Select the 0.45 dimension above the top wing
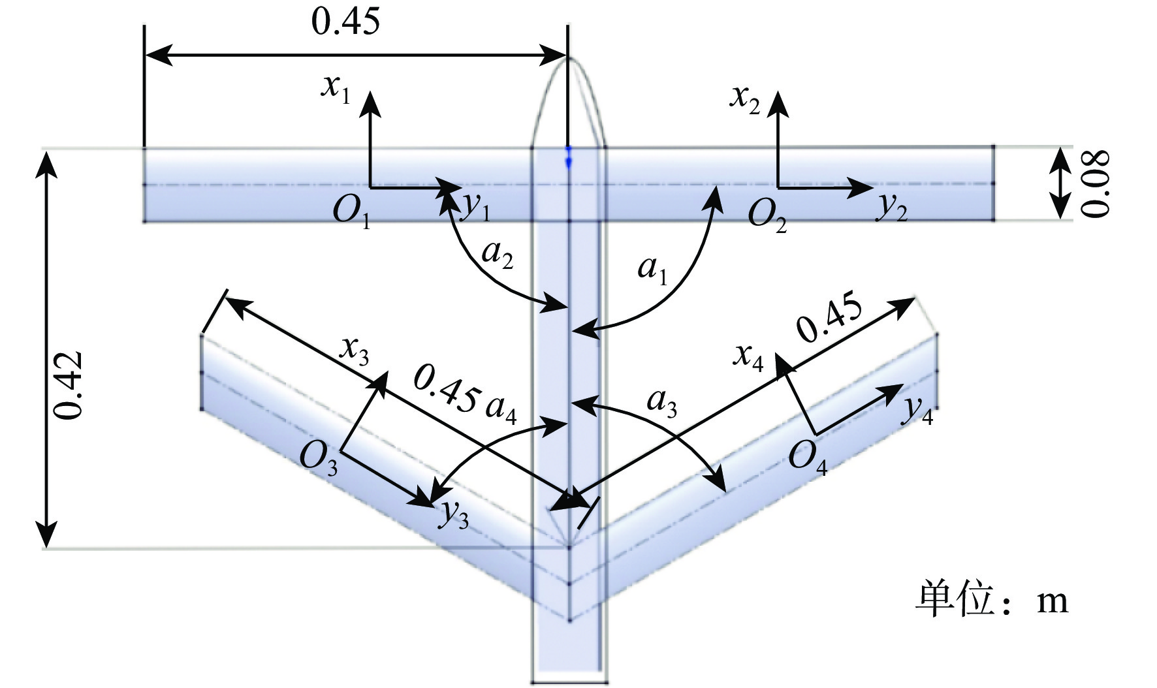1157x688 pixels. (345, 22)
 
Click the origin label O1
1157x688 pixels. (352, 212)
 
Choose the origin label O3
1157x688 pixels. (319, 458)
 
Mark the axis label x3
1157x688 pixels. (355, 352)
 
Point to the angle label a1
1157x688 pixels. (652, 269)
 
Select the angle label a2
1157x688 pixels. (497, 254)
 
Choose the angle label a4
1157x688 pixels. (501, 409)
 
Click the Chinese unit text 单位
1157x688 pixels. (955, 598)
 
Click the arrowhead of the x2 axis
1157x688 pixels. (777, 102)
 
